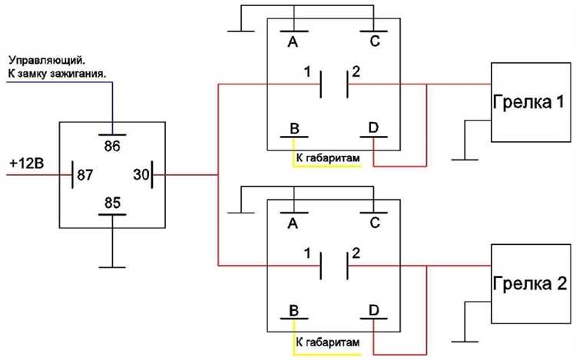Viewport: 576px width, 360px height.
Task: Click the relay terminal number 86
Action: pos(112,146)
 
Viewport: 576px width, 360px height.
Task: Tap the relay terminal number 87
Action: pos(84,175)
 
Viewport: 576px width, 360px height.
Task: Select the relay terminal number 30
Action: pos(141,174)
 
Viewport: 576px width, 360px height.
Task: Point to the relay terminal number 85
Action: pos(112,203)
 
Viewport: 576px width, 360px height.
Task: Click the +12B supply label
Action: pos(26,163)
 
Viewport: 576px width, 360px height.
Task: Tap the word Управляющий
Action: pos(49,60)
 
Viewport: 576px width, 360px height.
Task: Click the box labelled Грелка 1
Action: pos(531,102)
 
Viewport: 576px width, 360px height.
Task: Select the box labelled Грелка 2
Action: pos(531,283)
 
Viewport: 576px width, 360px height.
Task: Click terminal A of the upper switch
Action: pos(293,42)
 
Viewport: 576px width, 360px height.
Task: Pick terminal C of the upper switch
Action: pos(374,41)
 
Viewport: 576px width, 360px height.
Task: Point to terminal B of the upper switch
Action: pos(294,128)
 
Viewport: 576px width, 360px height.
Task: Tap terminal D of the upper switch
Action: pos(373,127)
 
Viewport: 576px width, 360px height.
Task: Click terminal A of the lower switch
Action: pos(293,223)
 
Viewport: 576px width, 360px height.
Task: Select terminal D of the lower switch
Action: pos(373,310)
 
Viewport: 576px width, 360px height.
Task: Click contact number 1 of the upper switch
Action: pos(307,72)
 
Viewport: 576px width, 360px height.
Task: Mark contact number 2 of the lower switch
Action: pos(356,253)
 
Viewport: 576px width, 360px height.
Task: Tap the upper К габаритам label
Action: pos(328,158)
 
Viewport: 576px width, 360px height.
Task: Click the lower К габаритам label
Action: pos(328,342)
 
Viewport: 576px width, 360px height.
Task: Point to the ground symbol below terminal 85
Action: pos(112,267)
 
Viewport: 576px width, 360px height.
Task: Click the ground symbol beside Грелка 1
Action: pos(465,160)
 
